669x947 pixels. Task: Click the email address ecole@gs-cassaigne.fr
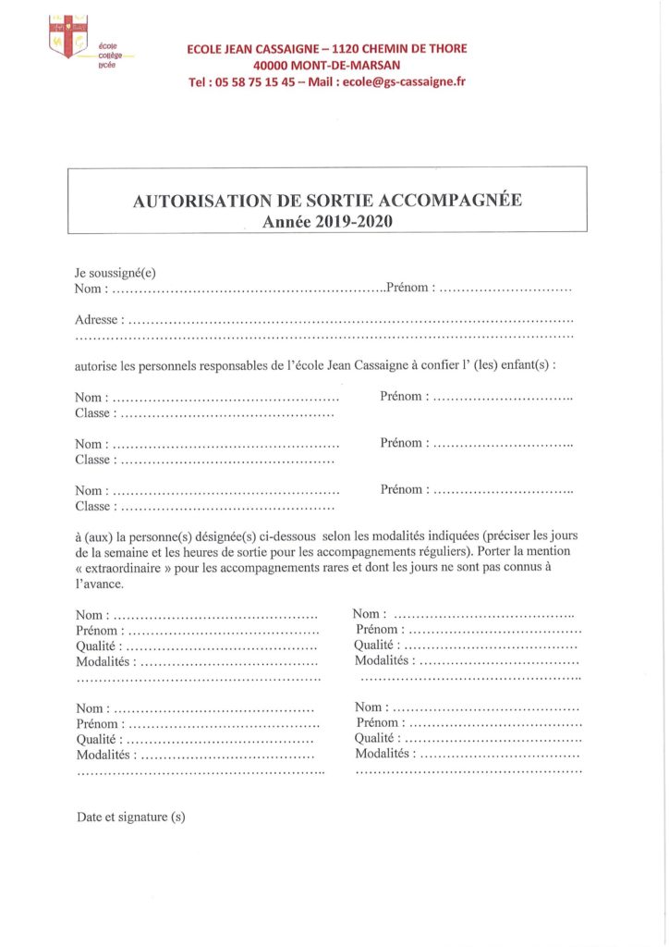tap(403, 81)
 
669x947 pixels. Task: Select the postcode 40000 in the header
tap(274, 65)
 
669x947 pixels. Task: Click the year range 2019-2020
tap(356, 221)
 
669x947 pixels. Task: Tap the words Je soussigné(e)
tap(116, 273)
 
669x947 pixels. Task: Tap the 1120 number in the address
tap(354, 48)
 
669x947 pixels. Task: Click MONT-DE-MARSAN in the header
tap(350, 65)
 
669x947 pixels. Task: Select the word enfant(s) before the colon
tap(524, 365)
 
